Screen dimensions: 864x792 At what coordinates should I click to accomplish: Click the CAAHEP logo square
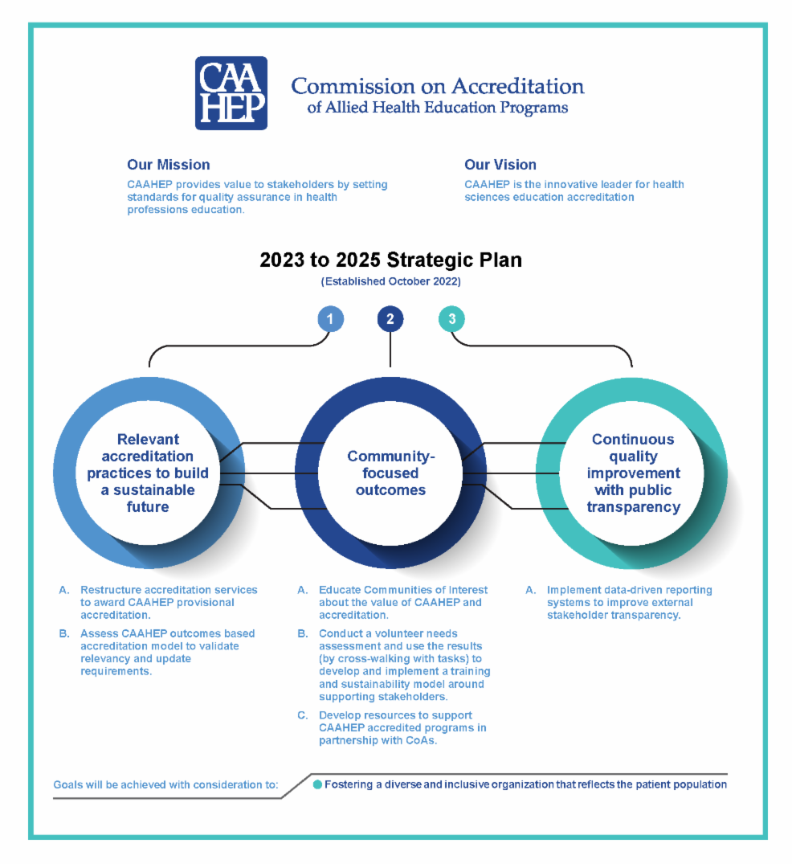click(231, 93)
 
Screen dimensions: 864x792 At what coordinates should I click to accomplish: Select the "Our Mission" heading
click(168, 165)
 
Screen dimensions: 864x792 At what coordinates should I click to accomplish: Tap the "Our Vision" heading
click(500, 165)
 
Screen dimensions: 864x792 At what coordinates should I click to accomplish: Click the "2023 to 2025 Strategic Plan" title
click(390, 260)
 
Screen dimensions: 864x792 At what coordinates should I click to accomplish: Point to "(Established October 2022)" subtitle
click(390, 282)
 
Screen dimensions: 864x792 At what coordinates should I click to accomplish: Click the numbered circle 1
click(330, 319)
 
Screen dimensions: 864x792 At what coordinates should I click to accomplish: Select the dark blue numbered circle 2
click(390, 319)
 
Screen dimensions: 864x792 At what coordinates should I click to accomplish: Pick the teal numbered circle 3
click(451, 319)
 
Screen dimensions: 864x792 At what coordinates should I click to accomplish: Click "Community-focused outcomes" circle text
click(390, 473)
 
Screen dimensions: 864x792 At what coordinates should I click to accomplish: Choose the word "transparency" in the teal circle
click(633, 507)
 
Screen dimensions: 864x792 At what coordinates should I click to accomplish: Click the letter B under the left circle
click(63, 634)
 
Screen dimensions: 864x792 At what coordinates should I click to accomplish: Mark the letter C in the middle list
click(303, 715)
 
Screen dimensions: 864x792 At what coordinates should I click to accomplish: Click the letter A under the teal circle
click(530, 590)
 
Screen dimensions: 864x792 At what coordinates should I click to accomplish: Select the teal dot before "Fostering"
click(317, 784)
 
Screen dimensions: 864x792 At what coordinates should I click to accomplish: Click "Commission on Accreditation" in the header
click(437, 86)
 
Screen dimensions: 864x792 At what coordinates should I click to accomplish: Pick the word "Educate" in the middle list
click(341, 590)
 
